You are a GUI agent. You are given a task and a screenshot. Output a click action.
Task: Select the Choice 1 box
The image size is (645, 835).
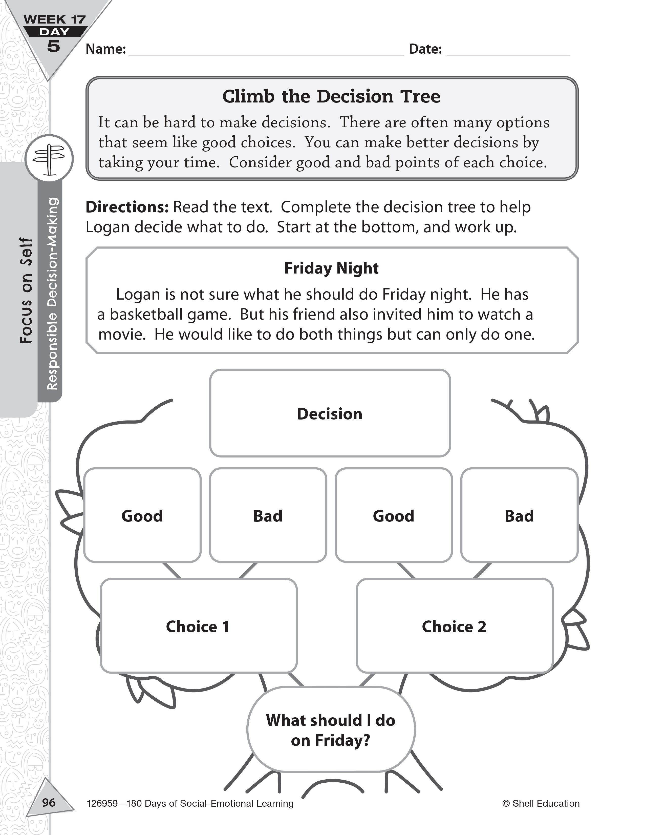(198, 626)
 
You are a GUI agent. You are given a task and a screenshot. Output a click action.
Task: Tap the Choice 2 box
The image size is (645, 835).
(454, 626)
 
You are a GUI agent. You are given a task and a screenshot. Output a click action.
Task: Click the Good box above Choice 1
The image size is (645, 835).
(142, 515)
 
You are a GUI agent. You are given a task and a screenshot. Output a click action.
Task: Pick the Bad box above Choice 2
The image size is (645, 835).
(519, 515)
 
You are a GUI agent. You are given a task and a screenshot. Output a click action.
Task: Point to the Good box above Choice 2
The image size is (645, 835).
(394, 515)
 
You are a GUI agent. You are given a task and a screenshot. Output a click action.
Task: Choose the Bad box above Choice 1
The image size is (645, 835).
(268, 515)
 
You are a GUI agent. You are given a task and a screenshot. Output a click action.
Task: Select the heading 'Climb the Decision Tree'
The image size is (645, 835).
(331, 96)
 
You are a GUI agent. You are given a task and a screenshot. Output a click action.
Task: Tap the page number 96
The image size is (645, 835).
(49, 802)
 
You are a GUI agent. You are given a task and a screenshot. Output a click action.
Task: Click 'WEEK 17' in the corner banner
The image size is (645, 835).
(55, 19)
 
